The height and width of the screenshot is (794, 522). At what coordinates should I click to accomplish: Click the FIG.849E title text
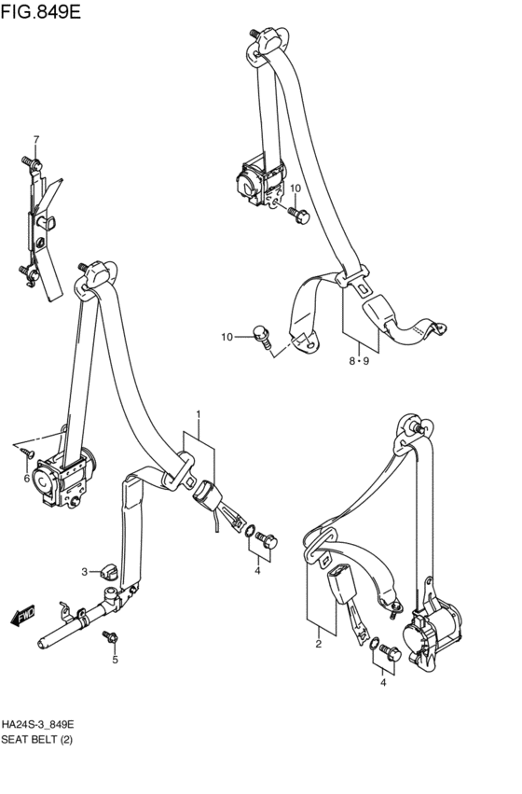pos(40,11)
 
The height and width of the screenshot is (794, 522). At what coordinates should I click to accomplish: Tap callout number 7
pos(36,139)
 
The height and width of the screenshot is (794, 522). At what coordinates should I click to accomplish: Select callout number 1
pos(199,414)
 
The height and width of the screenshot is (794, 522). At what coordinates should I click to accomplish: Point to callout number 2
pos(319,645)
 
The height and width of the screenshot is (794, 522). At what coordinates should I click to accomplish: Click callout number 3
pos(85,572)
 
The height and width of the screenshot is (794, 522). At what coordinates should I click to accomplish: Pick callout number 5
pos(115,660)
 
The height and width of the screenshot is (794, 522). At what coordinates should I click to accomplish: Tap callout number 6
pos(26,478)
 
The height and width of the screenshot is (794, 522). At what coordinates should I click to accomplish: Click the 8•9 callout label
pos(359,361)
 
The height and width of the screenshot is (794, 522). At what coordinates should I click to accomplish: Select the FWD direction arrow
pos(22,615)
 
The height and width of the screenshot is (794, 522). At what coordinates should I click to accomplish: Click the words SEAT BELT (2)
pos(37,740)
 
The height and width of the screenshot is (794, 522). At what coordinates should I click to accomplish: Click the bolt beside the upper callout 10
pos(299,216)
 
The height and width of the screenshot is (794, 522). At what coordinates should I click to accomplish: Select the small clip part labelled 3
pos(109,572)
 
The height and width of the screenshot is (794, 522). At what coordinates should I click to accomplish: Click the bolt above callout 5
pos(110,636)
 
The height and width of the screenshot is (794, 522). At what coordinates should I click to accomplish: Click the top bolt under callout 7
pos(32,162)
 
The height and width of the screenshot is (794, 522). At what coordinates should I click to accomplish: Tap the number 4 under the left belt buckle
pos(257,571)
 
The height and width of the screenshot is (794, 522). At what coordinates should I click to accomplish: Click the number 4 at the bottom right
pos(383,683)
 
